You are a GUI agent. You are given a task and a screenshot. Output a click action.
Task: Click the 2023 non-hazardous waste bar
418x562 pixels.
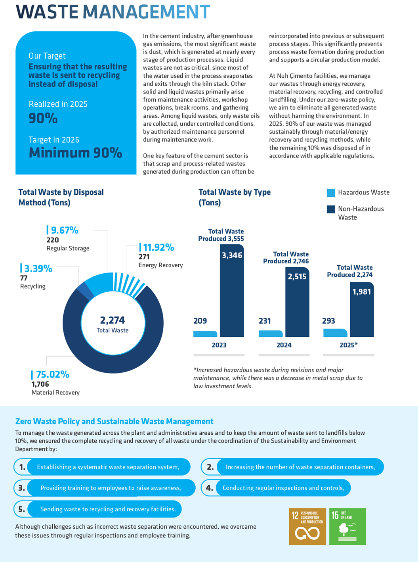click(x=232, y=290)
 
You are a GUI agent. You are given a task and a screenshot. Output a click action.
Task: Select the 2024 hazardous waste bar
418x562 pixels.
click(x=270, y=334)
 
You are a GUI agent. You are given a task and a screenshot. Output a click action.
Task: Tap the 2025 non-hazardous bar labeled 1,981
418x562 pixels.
click(x=362, y=309)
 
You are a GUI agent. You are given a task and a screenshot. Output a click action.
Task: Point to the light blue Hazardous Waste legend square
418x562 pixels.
click(x=331, y=193)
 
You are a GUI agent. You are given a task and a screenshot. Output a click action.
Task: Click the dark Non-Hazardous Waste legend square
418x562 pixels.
click(x=331, y=209)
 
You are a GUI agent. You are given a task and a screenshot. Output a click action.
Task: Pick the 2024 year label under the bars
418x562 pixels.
click(x=284, y=345)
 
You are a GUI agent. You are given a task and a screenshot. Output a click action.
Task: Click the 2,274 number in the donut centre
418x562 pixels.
click(x=113, y=320)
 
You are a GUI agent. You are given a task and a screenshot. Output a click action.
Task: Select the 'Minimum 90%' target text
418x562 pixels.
click(x=75, y=153)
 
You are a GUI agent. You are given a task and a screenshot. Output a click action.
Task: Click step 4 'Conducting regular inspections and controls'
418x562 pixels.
click(x=283, y=488)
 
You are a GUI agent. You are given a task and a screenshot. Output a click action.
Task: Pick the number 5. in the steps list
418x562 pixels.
click(x=21, y=509)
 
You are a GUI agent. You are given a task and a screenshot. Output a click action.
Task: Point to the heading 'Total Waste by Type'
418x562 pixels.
click(x=235, y=192)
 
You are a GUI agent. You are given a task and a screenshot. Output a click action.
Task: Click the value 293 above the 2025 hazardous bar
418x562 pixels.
click(x=328, y=321)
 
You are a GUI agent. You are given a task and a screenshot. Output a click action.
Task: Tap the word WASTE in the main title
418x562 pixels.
click(x=47, y=12)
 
